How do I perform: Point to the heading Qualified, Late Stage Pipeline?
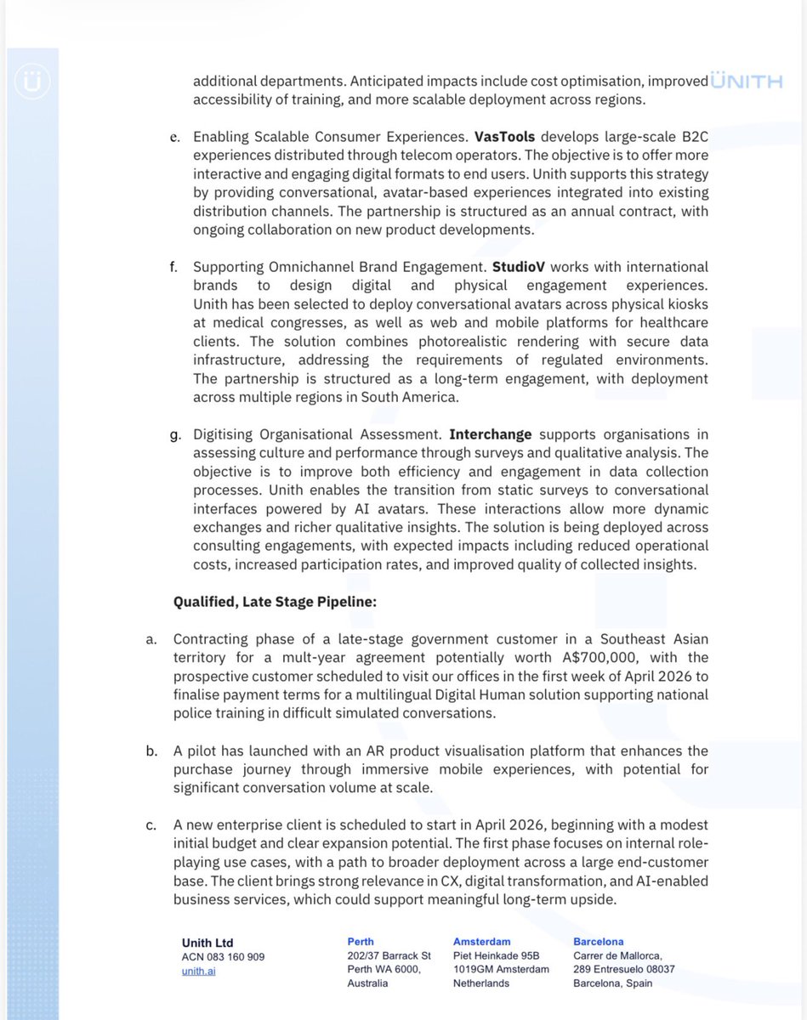tap(274, 602)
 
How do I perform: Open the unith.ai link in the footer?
tap(198, 971)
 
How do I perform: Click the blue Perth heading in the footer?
tap(361, 942)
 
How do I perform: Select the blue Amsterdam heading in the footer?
tap(482, 942)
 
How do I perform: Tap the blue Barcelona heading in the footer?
tap(599, 942)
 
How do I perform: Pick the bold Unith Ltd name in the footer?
tap(207, 943)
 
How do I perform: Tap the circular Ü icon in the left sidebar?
tap(31, 82)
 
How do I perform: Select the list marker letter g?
tap(175, 436)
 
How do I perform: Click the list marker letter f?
tap(174, 268)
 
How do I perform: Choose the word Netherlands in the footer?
tap(481, 983)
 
